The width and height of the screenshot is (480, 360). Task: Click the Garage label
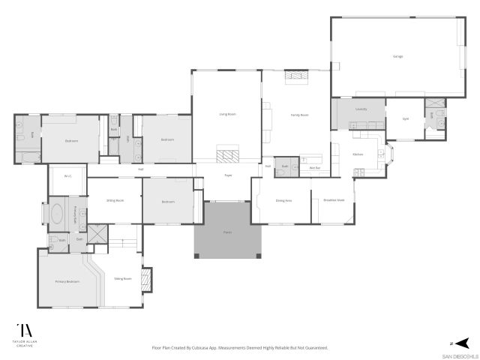(397, 56)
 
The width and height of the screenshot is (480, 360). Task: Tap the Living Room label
(227, 114)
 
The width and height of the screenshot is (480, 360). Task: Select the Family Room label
(299, 115)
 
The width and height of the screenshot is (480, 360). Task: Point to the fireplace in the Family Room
(296, 75)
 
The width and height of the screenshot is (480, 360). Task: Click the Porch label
(227, 232)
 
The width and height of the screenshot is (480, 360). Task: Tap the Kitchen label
(358, 154)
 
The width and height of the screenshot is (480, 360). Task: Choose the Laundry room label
(361, 109)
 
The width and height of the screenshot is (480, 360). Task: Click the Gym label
(406, 118)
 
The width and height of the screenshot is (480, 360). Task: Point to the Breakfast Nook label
(334, 200)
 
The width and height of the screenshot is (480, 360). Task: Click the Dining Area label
(284, 200)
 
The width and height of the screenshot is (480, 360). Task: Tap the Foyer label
(228, 175)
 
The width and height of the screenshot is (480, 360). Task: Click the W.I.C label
(67, 176)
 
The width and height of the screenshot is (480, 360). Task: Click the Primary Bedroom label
(67, 281)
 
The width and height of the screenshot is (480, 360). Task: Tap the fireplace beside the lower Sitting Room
(147, 279)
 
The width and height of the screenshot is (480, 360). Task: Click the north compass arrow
(463, 340)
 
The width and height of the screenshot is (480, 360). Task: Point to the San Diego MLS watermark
(459, 355)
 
